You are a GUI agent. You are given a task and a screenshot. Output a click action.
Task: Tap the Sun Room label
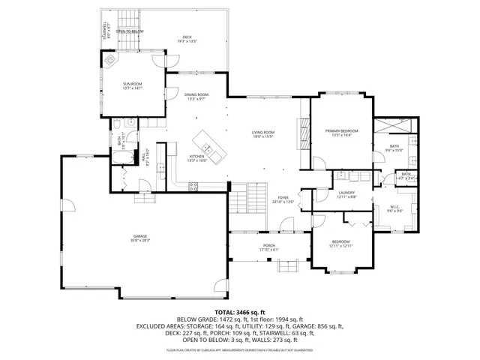[133, 85]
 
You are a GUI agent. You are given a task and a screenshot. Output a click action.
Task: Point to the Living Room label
[262, 134]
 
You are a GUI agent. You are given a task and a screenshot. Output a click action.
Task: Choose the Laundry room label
[346, 194]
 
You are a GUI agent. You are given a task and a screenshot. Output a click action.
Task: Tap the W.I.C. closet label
[395, 208]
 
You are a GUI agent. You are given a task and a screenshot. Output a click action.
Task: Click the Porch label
[268, 247]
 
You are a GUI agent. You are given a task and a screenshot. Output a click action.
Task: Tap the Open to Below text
[130, 31]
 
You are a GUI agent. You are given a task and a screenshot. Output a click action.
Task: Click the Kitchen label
[197, 158]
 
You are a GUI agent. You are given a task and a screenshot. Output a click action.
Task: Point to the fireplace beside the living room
[303, 135]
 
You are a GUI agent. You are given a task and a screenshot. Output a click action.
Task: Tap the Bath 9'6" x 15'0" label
[394, 148]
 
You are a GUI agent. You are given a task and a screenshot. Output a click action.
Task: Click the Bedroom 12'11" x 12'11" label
[340, 243]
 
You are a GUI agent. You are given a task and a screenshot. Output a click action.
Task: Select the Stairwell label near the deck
[105, 31]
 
